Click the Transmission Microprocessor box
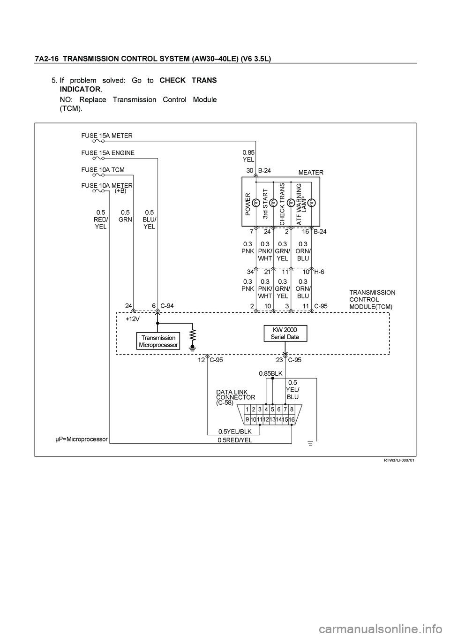pos(158,341)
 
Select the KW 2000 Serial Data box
pos(285,334)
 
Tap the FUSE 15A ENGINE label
pos(108,153)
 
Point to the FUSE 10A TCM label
pos(103,170)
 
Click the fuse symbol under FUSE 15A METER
pos(98,141)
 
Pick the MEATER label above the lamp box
pos(311,172)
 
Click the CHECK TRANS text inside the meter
pos(282,204)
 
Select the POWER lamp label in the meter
pos(248,204)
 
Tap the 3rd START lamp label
pos(265,204)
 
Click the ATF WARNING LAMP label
pos(301,204)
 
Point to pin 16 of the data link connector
pos(292,419)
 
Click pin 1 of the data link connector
pos(247,409)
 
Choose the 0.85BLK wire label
pos(270,373)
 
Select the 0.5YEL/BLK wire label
pos(235,432)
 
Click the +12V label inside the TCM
pos(133,319)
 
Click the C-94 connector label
pos(167,306)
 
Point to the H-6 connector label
pos(319,272)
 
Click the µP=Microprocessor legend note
pos(81,439)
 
